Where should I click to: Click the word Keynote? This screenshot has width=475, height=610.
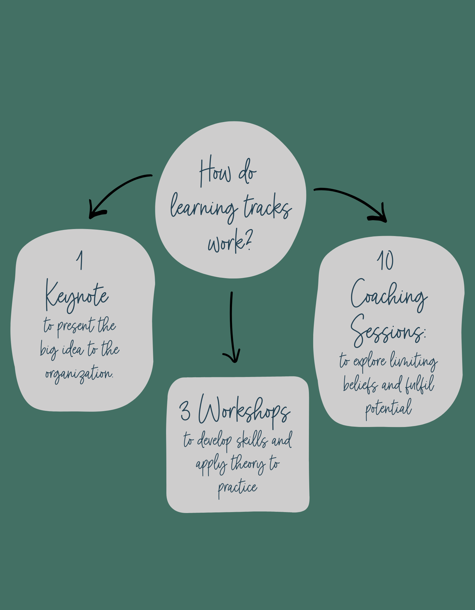click(76, 296)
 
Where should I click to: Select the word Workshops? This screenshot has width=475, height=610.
click(244, 411)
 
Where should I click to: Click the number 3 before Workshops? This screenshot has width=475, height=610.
click(185, 411)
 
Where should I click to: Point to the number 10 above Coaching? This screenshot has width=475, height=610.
click(385, 261)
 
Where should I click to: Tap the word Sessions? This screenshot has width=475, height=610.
click(388, 331)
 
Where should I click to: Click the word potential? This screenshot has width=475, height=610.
click(388, 408)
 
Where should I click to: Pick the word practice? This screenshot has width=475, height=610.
click(237, 487)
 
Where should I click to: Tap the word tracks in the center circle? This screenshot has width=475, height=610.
click(267, 207)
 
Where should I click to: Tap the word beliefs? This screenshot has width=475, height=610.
click(360, 384)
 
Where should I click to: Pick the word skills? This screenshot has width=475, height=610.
click(252, 440)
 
